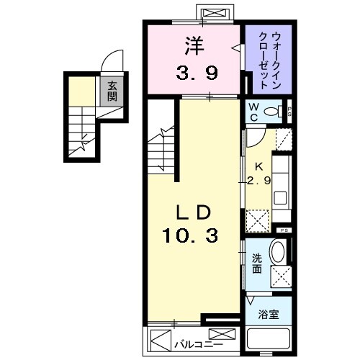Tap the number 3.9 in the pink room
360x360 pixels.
point(194,72)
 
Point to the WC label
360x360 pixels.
point(253,111)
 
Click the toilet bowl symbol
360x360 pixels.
point(273,112)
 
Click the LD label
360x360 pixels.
point(193,212)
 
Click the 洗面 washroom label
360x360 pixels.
point(256,264)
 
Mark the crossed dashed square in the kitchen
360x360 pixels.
point(256,219)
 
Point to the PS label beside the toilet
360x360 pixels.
point(289,111)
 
